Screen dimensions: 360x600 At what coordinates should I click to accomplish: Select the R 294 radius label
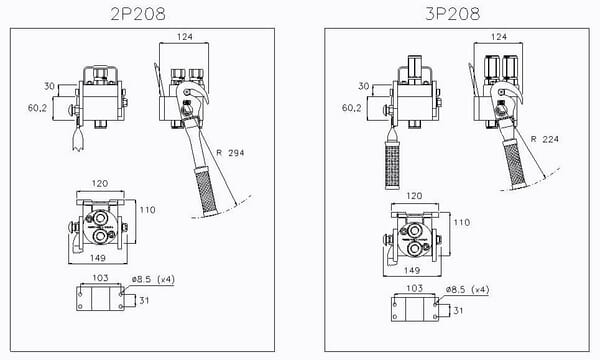click(x=230, y=152)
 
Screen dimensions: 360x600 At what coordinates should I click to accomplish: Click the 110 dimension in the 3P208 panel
click(x=460, y=223)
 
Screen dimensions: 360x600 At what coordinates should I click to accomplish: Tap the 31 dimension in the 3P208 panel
click(x=458, y=310)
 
